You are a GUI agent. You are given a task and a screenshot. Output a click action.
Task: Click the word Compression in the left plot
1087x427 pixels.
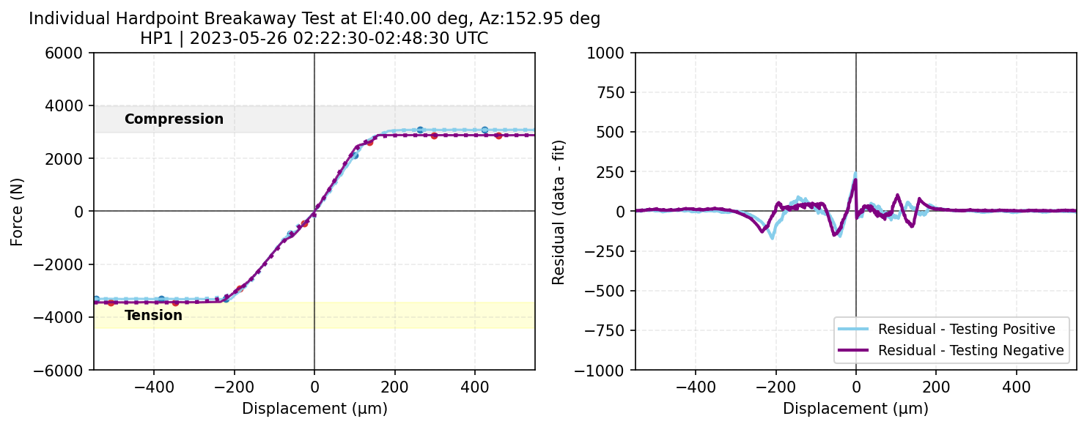174,119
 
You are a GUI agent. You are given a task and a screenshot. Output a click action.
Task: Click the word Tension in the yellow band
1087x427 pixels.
153,316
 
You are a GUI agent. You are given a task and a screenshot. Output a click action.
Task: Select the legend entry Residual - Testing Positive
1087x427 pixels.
967,328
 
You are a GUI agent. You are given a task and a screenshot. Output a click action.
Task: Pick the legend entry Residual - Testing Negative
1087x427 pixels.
970,351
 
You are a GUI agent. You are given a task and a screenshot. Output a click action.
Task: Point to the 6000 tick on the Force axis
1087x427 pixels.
73,53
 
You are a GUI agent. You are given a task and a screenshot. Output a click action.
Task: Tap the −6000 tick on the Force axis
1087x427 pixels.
70,370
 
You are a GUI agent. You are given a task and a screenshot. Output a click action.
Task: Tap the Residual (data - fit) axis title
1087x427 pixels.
559,211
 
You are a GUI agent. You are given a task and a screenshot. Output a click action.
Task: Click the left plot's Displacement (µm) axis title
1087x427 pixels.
314,409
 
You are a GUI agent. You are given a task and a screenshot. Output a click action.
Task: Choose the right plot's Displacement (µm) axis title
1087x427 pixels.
855,409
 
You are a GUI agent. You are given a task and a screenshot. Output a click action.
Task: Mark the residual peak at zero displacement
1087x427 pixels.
855,174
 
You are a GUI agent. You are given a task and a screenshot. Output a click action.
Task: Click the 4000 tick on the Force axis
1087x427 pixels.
73,105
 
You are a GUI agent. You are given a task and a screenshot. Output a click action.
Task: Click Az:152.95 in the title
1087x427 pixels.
515,19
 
